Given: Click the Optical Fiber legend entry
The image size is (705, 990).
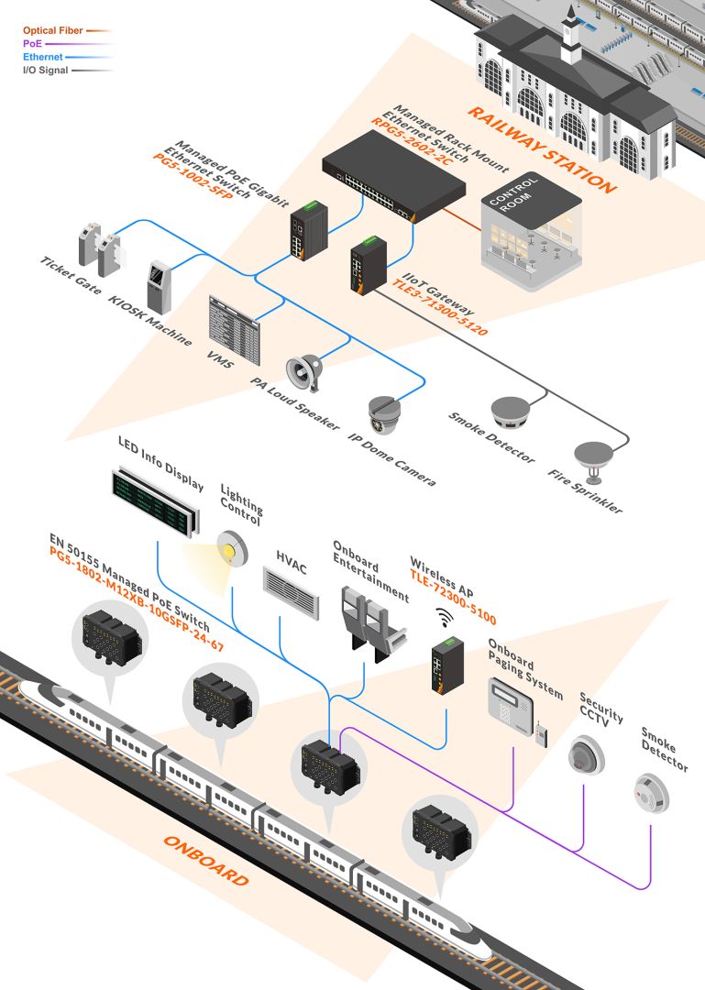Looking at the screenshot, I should click(x=52, y=30).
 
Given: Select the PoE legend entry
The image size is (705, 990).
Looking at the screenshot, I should click(x=33, y=43).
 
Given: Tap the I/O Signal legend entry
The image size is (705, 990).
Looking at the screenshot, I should click(x=45, y=70).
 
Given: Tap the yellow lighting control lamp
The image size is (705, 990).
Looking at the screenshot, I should click(x=232, y=547).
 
